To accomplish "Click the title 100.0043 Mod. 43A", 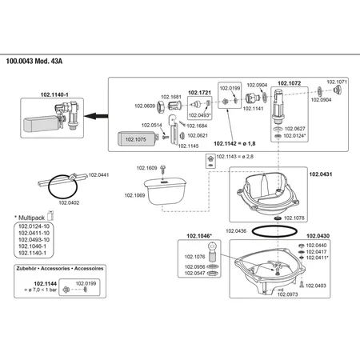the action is click(34, 61).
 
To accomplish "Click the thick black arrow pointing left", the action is click(96, 116).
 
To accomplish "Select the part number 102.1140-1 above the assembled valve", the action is click(54, 94).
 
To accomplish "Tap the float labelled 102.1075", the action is click(137, 138).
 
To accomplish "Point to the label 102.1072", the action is click(290, 83).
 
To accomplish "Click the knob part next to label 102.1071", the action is click(338, 90).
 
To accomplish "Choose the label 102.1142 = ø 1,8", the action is click(234, 143).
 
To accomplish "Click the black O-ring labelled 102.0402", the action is click(62, 186).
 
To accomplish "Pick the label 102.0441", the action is click(98, 175).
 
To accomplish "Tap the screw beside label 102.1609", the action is click(162, 170).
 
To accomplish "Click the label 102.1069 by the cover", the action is click(134, 195).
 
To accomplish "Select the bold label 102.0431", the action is click(321, 174).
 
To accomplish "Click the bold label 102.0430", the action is click(318, 236).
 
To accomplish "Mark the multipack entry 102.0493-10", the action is click(34, 240).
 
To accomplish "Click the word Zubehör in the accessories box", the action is click(27, 269).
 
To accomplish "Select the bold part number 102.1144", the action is click(45, 284).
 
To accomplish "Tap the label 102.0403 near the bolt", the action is click(316, 286).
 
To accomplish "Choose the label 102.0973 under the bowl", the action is click(287, 294).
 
